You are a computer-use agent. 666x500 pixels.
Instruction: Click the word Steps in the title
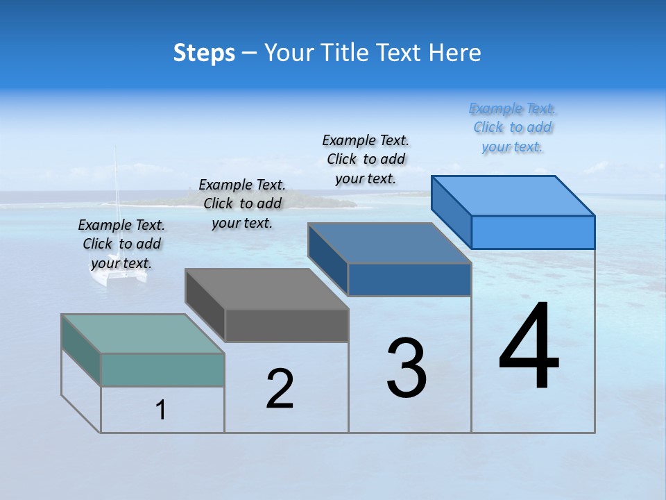204,53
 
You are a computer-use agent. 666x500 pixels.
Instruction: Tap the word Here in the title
454,53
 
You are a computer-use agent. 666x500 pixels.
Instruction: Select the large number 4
529,347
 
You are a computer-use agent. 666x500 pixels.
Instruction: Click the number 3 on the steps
407,368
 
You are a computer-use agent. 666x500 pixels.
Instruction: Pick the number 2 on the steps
280,389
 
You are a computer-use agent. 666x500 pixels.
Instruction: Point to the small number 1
161,410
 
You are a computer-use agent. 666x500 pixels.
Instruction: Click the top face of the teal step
143,334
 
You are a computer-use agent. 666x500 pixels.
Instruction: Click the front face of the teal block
162,369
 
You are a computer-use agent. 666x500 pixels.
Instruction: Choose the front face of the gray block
286,325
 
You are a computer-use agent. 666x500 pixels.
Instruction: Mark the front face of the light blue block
533,232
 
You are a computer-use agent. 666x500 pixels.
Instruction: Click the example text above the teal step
121,244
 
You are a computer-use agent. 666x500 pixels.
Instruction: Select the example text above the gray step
242,203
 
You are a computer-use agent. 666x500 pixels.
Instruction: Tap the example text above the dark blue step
366,159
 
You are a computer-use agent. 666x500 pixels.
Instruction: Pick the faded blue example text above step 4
513,127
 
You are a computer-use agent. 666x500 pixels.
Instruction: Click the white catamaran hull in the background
118,276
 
